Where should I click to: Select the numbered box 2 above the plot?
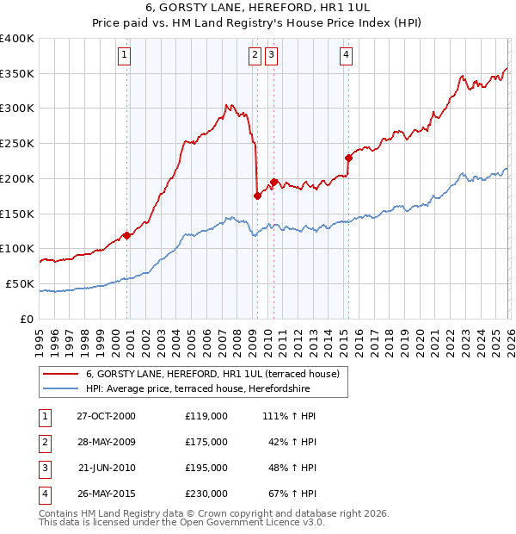(x=255, y=56)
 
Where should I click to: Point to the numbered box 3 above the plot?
(x=271, y=56)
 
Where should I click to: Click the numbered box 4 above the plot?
(x=346, y=56)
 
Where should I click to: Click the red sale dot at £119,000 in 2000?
(x=127, y=235)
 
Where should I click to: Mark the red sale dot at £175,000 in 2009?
(x=257, y=196)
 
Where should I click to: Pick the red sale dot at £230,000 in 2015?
(x=348, y=158)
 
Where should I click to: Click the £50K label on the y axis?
(x=20, y=283)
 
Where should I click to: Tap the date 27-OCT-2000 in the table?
(x=106, y=416)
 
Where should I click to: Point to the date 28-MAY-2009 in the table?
(x=106, y=442)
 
